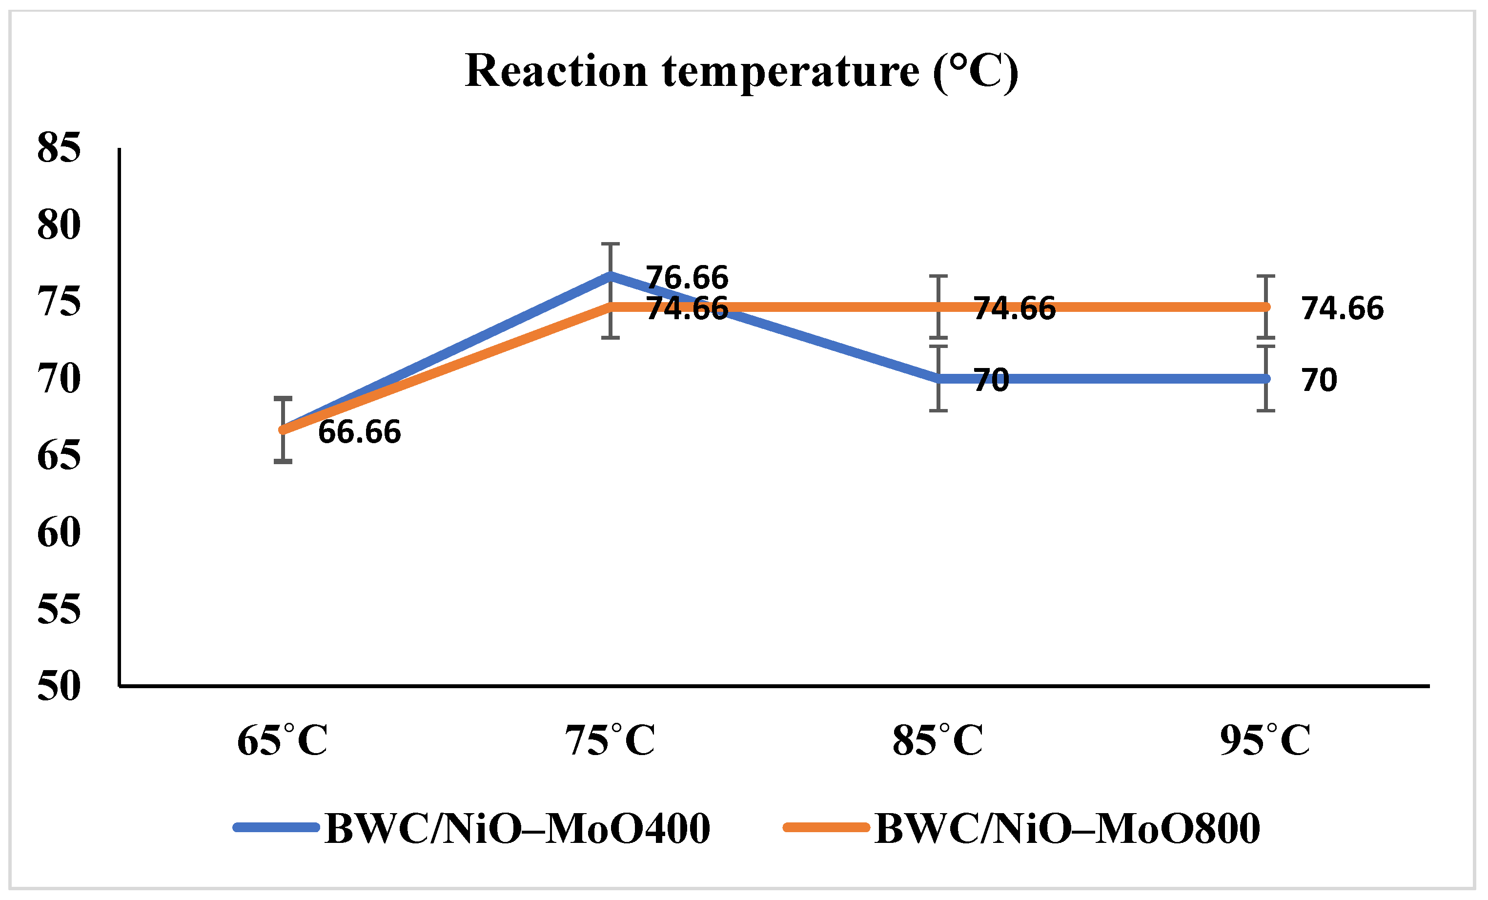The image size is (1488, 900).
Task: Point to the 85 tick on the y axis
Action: click(59, 147)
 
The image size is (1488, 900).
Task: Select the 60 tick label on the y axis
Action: click(59, 533)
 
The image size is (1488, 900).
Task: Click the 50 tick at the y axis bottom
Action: click(59, 686)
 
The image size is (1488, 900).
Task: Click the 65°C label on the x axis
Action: click(282, 740)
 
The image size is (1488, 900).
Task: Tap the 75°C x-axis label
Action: click(610, 740)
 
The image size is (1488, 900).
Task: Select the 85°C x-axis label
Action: click(938, 740)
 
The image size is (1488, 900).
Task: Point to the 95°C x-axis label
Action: click(1265, 740)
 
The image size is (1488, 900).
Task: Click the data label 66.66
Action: click(359, 432)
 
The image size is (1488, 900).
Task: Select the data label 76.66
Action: click(687, 278)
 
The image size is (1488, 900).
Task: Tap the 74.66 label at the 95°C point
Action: click(1343, 308)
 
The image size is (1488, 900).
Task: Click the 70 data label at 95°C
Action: click(1320, 380)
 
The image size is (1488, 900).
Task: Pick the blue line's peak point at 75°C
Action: click(611, 275)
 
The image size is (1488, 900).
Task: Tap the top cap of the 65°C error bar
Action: click(283, 399)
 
